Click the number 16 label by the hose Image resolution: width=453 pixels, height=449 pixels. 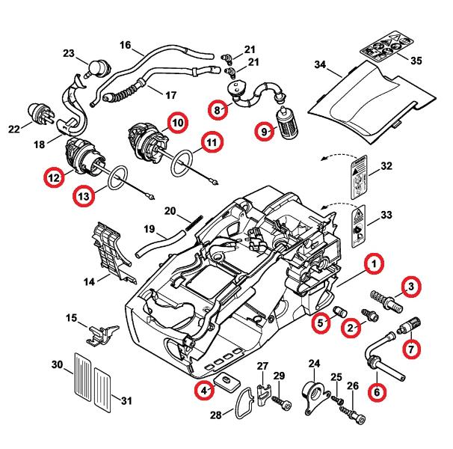pos(125,45)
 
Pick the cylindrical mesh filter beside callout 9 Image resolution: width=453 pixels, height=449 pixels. pos(286,120)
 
